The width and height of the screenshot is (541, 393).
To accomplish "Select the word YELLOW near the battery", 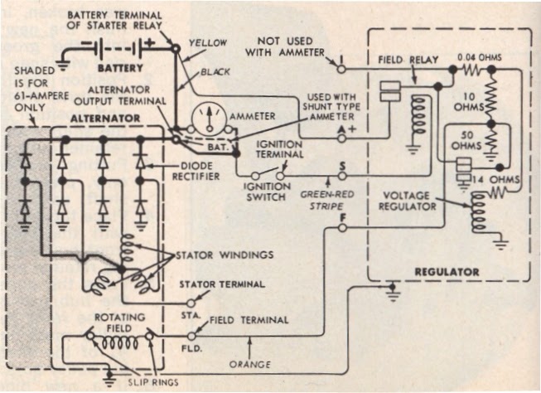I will click(x=205, y=41).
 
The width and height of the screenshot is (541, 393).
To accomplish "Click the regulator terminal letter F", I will click(x=342, y=218).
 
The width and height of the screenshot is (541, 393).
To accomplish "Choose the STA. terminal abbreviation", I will click(x=189, y=316).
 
